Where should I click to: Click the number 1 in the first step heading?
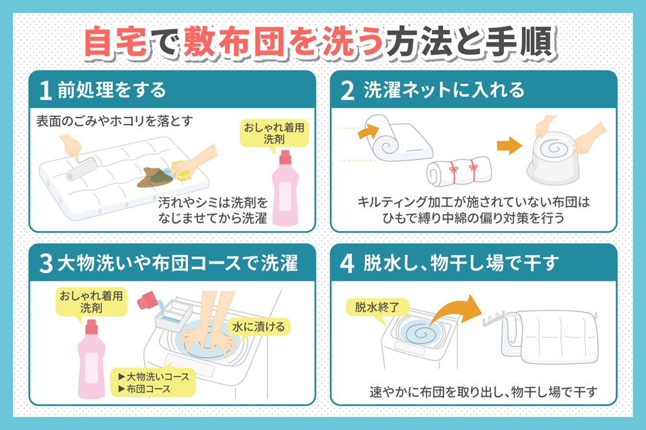point(45,90)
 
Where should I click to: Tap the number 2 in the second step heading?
point(348,90)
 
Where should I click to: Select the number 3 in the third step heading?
point(46,263)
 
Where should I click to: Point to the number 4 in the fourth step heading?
point(348,263)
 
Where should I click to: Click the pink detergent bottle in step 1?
point(285,187)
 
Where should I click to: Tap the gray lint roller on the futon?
point(82,169)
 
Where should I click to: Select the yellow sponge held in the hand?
point(182,171)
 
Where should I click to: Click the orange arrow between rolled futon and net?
point(509,145)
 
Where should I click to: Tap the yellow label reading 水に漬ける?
point(258,327)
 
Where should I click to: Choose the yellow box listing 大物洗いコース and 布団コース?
point(153,383)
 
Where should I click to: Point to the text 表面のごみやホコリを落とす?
point(114,121)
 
